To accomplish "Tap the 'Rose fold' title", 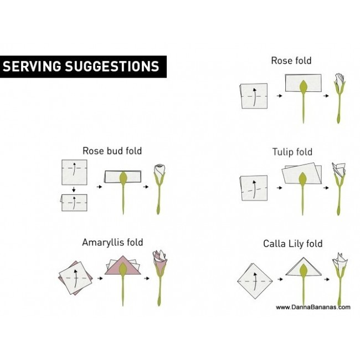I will point(291,60).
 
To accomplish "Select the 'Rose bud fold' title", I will point(112,150).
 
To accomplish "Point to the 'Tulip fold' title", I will point(292,151).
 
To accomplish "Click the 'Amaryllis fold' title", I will point(112,242).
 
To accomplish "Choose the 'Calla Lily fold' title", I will point(292,244).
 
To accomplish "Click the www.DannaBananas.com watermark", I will point(312,307).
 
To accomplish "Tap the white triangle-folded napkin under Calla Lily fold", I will point(304,268).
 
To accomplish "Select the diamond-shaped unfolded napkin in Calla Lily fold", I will point(255,281).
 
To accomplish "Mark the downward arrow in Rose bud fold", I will point(73,190).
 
